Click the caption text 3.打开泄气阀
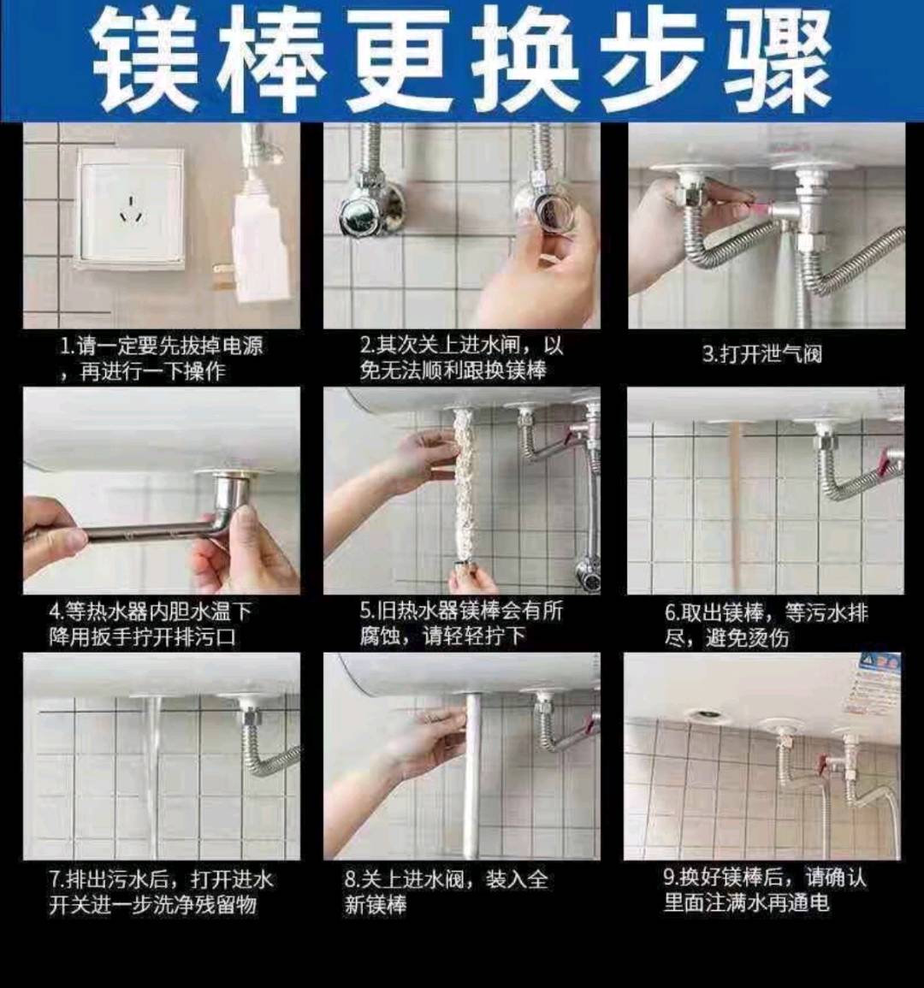762,354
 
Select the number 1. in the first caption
68,346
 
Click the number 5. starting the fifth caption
368,612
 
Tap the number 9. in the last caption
671,878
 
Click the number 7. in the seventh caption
57,879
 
